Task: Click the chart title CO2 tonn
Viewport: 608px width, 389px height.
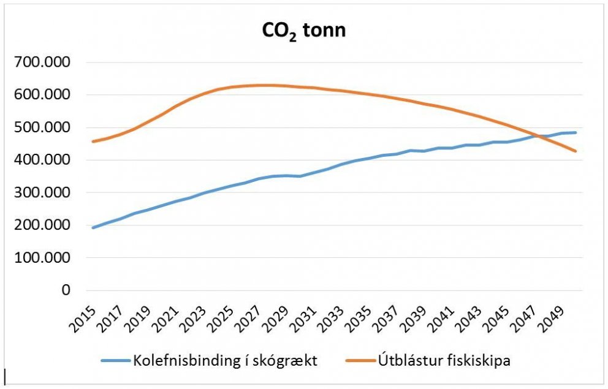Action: click(304, 31)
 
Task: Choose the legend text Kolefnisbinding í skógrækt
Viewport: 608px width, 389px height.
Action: click(225, 360)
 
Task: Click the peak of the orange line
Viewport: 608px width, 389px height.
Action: click(265, 85)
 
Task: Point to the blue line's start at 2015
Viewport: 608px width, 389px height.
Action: click(93, 228)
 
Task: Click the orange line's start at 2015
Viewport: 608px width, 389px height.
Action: click(93, 142)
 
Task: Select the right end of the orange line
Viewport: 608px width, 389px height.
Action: click(576, 151)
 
